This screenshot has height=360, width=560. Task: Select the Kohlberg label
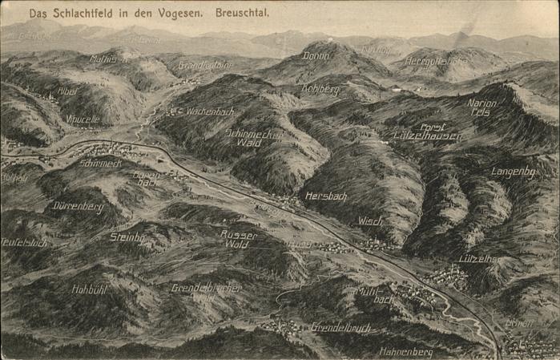[x=320, y=90]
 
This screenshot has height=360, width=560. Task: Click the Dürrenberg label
[x=78, y=206]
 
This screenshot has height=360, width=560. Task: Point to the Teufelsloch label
[x=24, y=242]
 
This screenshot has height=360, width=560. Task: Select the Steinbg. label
[x=126, y=237]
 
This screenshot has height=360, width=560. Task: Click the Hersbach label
[x=325, y=196]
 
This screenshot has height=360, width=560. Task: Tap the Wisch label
[x=370, y=220]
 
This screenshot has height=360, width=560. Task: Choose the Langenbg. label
[x=512, y=171]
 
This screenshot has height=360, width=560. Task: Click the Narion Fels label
[x=481, y=108]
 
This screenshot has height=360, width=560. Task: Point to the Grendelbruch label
[x=340, y=327]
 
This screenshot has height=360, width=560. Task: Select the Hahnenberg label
[x=405, y=351]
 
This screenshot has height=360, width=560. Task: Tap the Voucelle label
[x=83, y=119]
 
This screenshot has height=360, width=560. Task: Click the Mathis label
[x=105, y=59]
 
